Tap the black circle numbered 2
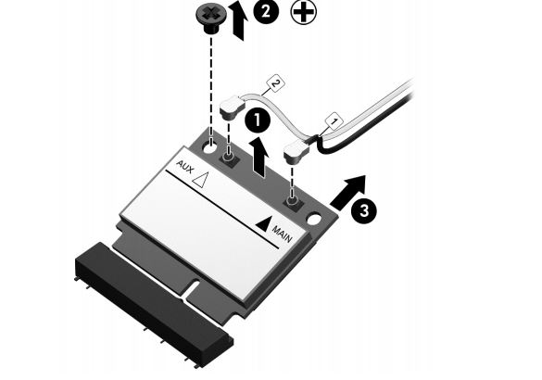click(x=266, y=11)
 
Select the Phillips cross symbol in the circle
click(x=304, y=12)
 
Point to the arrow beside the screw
click(x=240, y=22)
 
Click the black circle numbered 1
click(x=258, y=120)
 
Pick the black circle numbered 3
click(x=364, y=210)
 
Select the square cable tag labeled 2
click(x=275, y=84)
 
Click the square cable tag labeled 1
click(x=334, y=121)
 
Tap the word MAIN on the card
click(x=283, y=234)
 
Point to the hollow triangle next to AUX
click(x=200, y=180)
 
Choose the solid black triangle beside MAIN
click(x=262, y=223)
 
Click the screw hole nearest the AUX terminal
click(x=210, y=148)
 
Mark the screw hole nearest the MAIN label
click(x=313, y=220)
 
